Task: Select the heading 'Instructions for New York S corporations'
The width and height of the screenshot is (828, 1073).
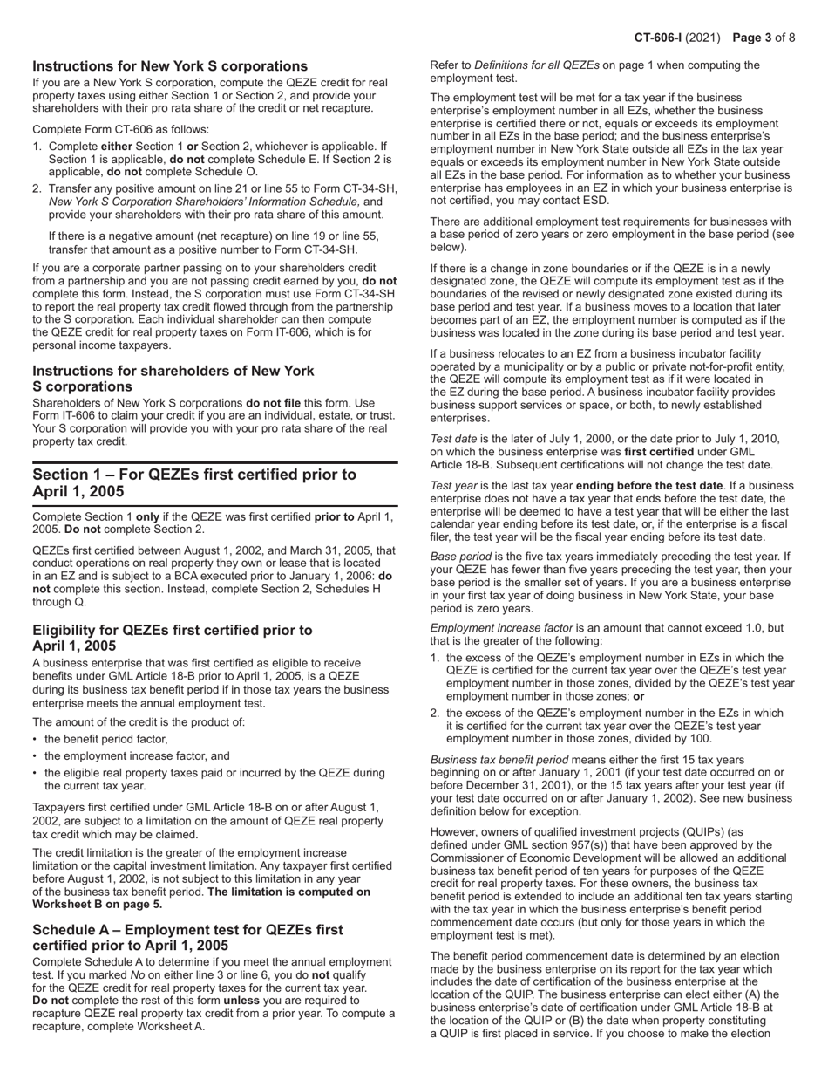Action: tap(170, 66)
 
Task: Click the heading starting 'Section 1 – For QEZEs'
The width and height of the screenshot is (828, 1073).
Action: tap(194, 482)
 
